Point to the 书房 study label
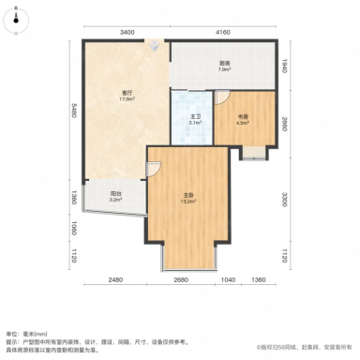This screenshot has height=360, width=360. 241,116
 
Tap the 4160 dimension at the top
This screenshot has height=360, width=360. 223,33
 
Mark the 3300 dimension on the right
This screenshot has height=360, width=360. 286,199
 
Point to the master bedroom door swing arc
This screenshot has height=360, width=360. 154,169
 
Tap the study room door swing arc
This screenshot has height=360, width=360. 223,97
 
